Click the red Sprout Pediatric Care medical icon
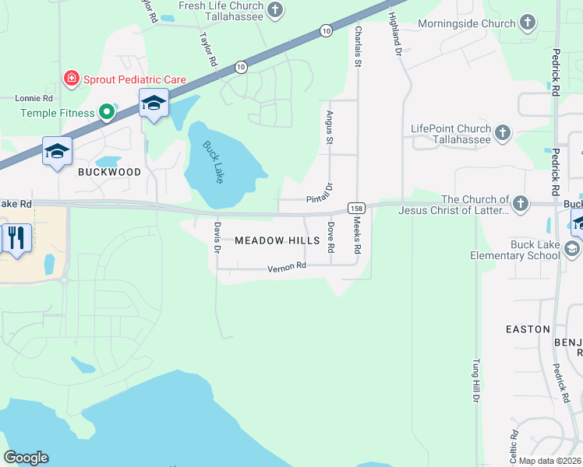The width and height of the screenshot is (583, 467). [x=71, y=78]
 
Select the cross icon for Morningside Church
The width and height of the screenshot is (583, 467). [x=528, y=23]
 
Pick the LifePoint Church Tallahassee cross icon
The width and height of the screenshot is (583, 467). [x=503, y=133]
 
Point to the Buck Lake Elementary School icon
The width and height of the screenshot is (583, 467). [x=573, y=249]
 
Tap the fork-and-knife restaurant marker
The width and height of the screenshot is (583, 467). [x=16, y=236]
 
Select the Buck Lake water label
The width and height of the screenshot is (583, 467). [x=213, y=162]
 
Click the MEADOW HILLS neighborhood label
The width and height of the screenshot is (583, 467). [x=277, y=241]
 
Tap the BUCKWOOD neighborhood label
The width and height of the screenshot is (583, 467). [x=109, y=172]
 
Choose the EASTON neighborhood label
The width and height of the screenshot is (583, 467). [x=528, y=329]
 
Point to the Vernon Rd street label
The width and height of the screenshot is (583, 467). [x=287, y=266]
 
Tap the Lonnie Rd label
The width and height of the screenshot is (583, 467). [x=34, y=99]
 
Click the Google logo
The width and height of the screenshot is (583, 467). [x=26, y=458]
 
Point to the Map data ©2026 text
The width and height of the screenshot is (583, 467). [x=549, y=461]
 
